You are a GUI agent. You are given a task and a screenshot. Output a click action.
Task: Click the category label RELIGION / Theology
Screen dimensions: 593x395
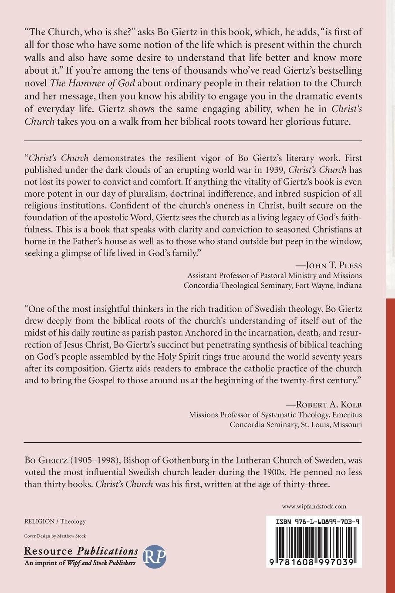pyautogui.click(x=55, y=521)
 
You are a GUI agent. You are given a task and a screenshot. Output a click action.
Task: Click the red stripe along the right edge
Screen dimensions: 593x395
pyautogui.click(x=390, y=436)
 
